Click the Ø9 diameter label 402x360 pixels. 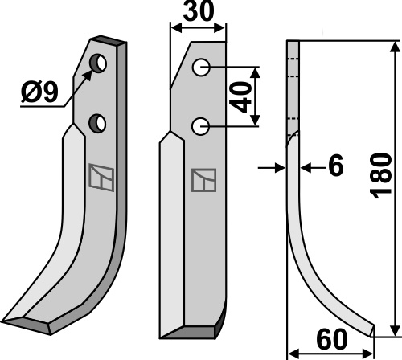tap(39, 92)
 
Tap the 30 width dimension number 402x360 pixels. tap(199, 11)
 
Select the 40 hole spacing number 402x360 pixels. tap(241, 97)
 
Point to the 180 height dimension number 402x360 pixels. tap(380, 176)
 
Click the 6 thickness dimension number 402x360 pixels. tap(336, 166)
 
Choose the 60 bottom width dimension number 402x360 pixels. tap(332, 340)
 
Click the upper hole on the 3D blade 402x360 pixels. tap(98, 63)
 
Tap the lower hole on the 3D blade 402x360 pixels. tap(97, 123)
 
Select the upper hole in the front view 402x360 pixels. tap(201, 67)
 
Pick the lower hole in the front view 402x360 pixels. tap(200, 126)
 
